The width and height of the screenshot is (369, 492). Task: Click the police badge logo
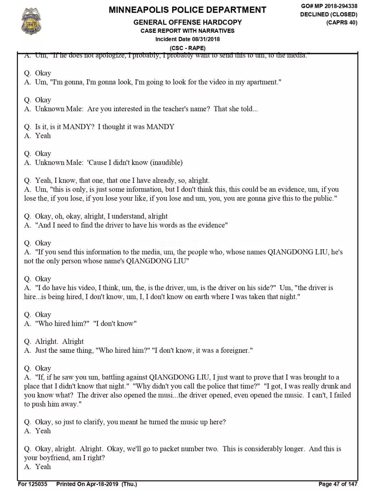[31, 21]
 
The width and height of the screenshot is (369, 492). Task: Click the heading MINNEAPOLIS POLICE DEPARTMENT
[187, 10]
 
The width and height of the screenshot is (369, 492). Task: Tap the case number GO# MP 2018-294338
[329, 6]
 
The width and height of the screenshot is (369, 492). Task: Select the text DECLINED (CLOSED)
[329, 14]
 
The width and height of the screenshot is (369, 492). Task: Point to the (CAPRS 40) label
[341, 23]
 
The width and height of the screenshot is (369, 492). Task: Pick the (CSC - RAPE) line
[187, 48]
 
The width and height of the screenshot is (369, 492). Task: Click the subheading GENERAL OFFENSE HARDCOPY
[187, 22]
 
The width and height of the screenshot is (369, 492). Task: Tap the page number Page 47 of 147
[338, 484]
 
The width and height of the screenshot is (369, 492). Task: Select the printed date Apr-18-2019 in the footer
[102, 484]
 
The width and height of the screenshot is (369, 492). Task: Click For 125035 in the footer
[32, 484]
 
